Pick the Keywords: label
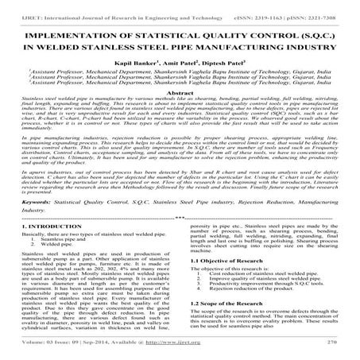pyautogui.click(x=26, y=203)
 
